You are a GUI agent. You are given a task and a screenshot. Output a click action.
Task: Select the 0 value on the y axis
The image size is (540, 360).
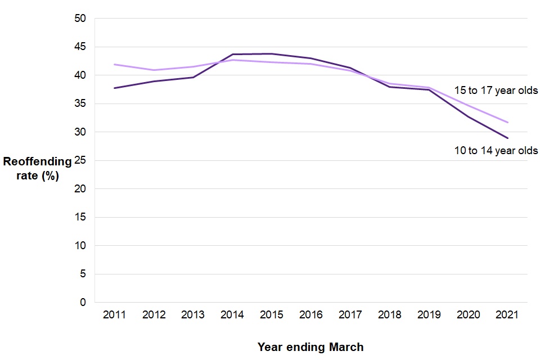(x=83, y=303)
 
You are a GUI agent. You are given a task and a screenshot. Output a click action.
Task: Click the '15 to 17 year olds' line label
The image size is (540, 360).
(x=496, y=90)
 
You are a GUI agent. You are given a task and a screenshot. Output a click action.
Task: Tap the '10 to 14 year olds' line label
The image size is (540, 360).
(x=496, y=150)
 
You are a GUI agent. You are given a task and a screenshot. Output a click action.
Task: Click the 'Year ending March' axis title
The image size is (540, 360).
(x=310, y=347)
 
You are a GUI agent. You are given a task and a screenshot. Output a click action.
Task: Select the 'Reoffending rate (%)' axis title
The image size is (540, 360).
(x=37, y=168)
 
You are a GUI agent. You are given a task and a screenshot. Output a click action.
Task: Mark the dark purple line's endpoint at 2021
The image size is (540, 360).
(x=508, y=138)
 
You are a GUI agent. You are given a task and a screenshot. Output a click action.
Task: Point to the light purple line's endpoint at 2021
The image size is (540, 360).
(x=508, y=122)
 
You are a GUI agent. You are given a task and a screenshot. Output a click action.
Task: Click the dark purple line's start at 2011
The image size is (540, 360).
(x=114, y=88)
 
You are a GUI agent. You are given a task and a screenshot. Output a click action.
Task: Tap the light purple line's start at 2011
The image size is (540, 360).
(x=114, y=65)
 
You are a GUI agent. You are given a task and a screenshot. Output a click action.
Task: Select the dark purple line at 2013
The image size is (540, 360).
(x=193, y=77)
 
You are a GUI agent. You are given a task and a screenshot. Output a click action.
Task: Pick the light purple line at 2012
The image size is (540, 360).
(x=154, y=70)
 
